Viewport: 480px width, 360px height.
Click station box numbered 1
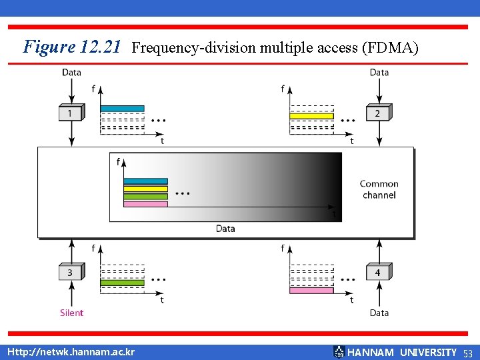coord(71,113)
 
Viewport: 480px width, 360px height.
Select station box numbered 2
coord(377,113)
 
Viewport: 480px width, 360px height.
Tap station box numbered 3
coord(71,273)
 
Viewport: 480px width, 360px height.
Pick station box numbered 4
coord(377,273)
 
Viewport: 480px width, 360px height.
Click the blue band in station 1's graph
coord(122,109)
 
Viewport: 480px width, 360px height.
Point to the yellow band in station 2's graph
coord(311,116)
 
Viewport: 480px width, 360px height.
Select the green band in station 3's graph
coord(122,283)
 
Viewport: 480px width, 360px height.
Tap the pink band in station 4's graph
coord(311,290)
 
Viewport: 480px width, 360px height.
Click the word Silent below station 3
coord(71,313)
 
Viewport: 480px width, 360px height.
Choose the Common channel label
coord(379,189)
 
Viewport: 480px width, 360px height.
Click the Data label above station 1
coord(71,72)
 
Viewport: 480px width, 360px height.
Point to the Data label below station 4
coord(379,313)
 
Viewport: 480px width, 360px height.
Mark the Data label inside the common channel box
coord(225,229)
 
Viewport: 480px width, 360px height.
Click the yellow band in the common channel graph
coord(145,189)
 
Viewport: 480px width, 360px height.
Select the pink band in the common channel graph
coord(145,204)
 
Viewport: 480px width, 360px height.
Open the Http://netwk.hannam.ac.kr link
coord(71,352)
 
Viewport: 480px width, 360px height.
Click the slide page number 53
coord(467,353)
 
